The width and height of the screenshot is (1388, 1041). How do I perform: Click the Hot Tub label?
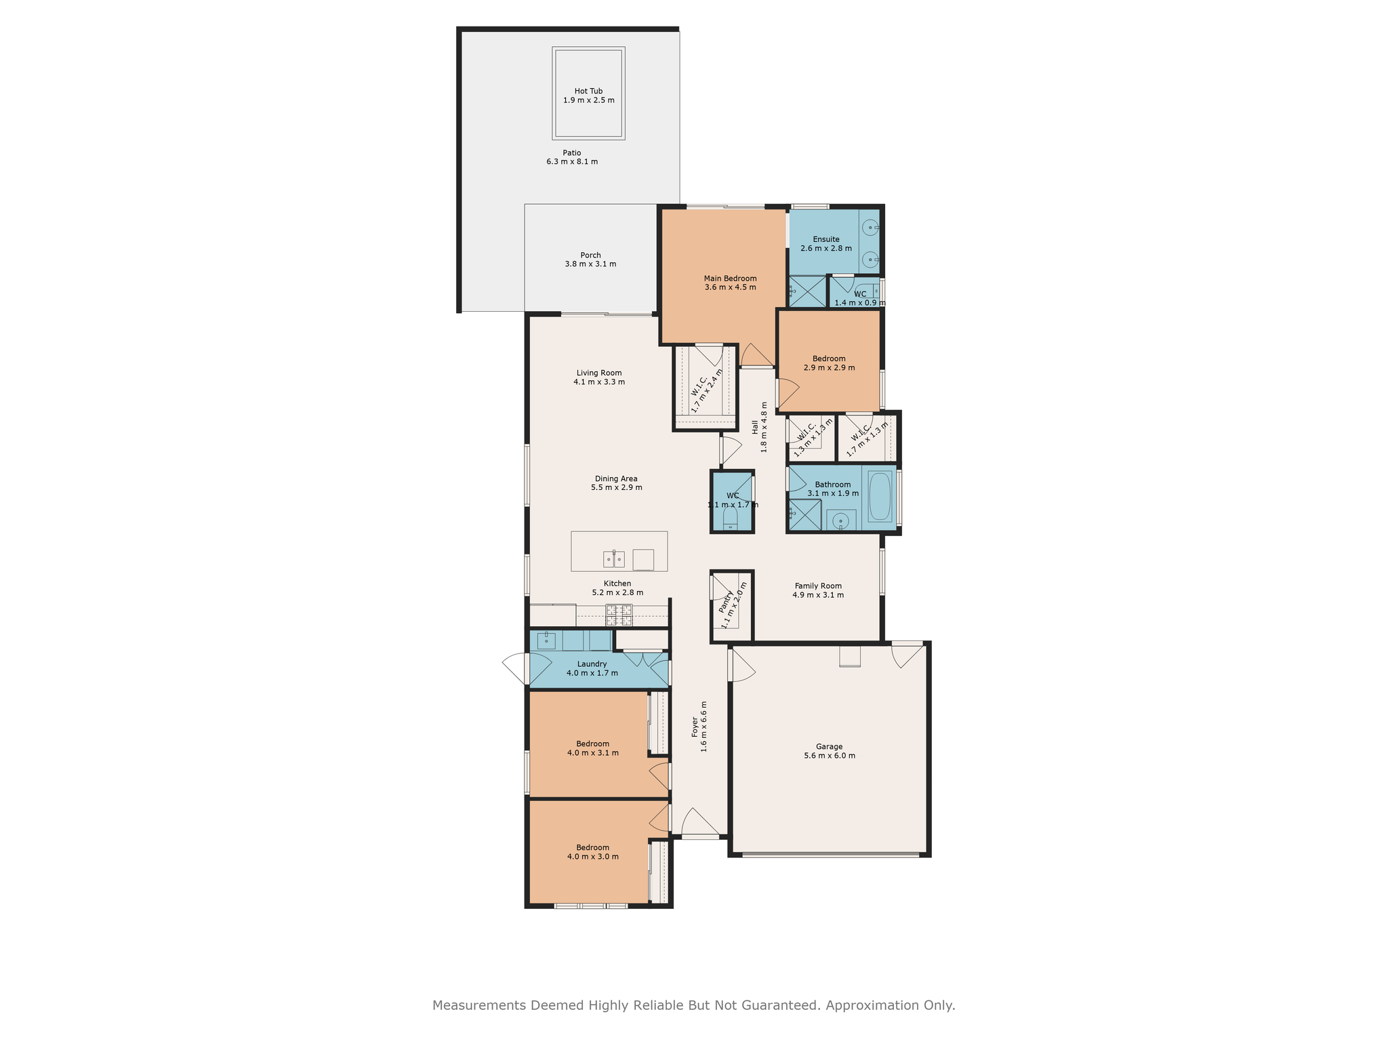(588, 96)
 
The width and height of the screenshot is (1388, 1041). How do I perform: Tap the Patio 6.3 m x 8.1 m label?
(572, 157)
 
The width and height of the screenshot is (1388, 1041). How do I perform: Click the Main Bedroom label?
(730, 283)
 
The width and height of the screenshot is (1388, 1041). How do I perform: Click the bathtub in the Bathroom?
(880, 496)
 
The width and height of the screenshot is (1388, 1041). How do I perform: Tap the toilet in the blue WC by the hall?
(730, 518)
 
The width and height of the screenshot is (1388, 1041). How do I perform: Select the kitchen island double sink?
(614, 559)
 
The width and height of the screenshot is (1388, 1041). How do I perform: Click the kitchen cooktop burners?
(619, 615)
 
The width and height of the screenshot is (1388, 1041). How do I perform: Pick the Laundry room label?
(592, 668)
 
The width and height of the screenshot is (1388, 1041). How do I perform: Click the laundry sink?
(546, 640)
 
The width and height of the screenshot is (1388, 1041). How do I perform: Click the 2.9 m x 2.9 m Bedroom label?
(829, 363)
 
